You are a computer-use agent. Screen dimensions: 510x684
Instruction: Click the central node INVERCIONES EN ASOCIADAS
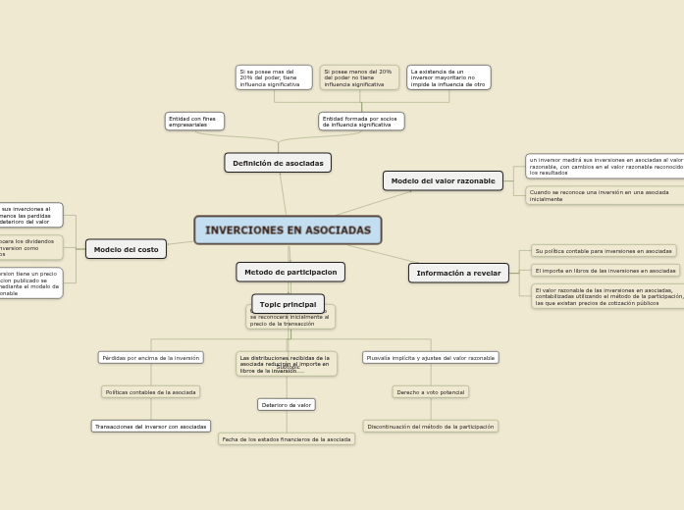pyautogui.click(x=288, y=229)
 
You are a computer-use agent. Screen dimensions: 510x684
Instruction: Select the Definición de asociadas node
pyautogui.click(x=278, y=163)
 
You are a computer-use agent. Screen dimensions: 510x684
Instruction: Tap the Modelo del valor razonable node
pyautogui.click(x=443, y=180)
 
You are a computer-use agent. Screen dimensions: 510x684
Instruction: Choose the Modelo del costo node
pyautogui.click(x=127, y=249)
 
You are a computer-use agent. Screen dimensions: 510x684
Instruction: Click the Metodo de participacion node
pyautogui.click(x=290, y=272)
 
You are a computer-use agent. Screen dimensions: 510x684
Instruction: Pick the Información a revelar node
pyautogui.click(x=458, y=273)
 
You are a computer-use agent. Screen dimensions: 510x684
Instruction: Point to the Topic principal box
pyautogui.click(x=288, y=304)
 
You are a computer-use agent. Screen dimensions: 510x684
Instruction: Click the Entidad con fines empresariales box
pyautogui.click(x=194, y=122)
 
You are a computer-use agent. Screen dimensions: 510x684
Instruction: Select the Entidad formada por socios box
pyautogui.click(x=361, y=122)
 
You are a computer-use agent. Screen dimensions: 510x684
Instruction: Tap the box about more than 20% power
pyautogui.click(x=274, y=77)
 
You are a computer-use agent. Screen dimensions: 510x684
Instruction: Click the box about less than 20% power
pyautogui.click(x=359, y=77)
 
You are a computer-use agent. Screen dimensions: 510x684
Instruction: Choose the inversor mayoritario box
pyautogui.click(x=448, y=77)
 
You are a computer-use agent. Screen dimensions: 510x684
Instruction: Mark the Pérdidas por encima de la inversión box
pyautogui.click(x=150, y=358)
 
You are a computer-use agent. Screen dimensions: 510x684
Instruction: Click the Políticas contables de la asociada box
pyautogui.click(x=151, y=392)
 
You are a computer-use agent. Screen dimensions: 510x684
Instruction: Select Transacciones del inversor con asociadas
pyautogui.click(x=151, y=427)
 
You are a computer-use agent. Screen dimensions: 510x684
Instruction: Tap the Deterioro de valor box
pyautogui.click(x=287, y=404)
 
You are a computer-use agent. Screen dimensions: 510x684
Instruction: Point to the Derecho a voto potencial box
pyautogui.click(x=430, y=392)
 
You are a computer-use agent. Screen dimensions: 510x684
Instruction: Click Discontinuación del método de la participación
pyautogui.click(x=430, y=427)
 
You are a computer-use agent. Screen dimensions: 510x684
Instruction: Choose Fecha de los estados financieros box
pyautogui.click(x=287, y=439)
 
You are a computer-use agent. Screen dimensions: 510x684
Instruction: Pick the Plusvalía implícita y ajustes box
pyautogui.click(x=430, y=358)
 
